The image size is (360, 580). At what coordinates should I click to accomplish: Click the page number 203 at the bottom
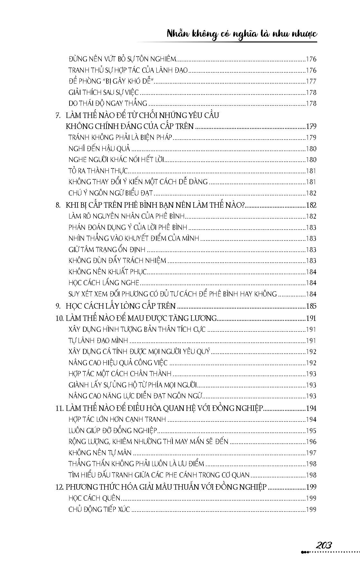click(324, 545)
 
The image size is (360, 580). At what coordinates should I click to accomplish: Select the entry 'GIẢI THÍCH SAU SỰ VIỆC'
click(104, 93)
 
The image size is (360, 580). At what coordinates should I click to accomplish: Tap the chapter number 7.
click(58, 115)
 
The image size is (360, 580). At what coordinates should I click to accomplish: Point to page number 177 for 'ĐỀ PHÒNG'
click(311, 81)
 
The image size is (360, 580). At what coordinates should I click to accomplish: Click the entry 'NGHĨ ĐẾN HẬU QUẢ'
click(99, 149)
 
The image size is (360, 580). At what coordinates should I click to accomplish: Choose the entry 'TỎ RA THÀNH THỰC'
click(98, 171)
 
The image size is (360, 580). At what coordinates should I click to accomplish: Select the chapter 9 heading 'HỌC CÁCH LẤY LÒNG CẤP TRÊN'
click(121, 306)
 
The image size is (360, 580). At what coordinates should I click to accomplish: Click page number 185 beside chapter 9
click(311, 306)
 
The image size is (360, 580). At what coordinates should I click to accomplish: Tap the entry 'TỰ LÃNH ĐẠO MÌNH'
click(98, 340)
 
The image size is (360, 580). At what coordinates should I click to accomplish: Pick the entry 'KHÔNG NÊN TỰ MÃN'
click(100, 453)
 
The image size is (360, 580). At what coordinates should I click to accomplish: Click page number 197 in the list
click(311, 453)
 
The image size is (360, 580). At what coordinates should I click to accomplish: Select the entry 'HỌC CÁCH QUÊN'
click(94, 498)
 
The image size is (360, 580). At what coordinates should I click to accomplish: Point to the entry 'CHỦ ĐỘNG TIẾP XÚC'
click(99, 509)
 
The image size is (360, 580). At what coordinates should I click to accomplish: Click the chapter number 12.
click(59, 487)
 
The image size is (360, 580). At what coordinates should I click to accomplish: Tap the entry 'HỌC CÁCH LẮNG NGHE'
click(104, 283)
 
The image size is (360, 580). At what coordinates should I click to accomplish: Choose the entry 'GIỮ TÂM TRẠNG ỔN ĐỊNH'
click(107, 249)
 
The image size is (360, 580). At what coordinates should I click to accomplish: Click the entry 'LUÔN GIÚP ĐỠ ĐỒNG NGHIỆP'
click(113, 430)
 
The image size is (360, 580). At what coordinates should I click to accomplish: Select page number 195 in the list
click(311, 431)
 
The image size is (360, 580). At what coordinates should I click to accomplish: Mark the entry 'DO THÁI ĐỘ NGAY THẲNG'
click(108, 104)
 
